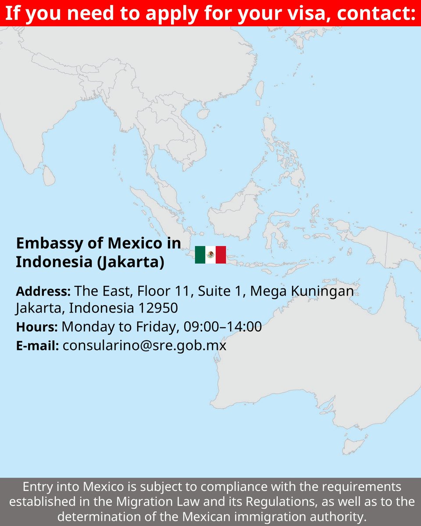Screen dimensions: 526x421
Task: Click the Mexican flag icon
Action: pos(210,255)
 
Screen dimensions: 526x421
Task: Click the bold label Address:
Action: pos(43,291)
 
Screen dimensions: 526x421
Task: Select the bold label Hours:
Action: pos(37,327)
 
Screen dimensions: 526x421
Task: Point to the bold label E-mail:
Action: pos(37,346)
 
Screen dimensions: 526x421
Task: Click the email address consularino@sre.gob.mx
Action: pos(144,345)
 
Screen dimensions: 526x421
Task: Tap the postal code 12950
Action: pos(158,308)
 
